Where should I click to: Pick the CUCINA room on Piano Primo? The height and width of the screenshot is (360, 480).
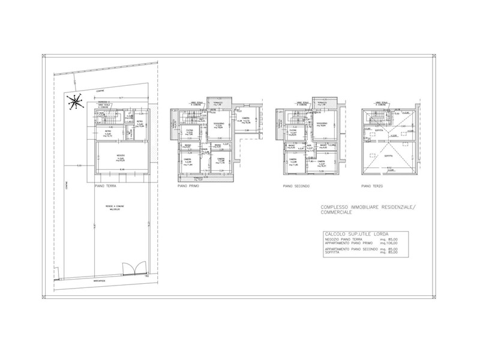pyautogui.click(x=189, y=133)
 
